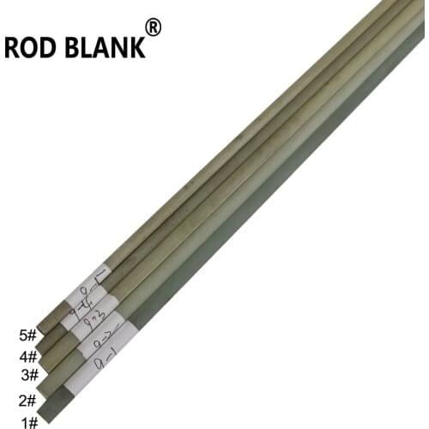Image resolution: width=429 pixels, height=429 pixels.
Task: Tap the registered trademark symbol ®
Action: point(154,28)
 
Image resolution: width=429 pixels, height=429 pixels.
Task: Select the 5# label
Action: point(27,336)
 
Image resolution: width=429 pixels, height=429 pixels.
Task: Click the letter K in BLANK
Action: point(135,48)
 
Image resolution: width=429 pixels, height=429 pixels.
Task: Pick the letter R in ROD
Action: point(13,48)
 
